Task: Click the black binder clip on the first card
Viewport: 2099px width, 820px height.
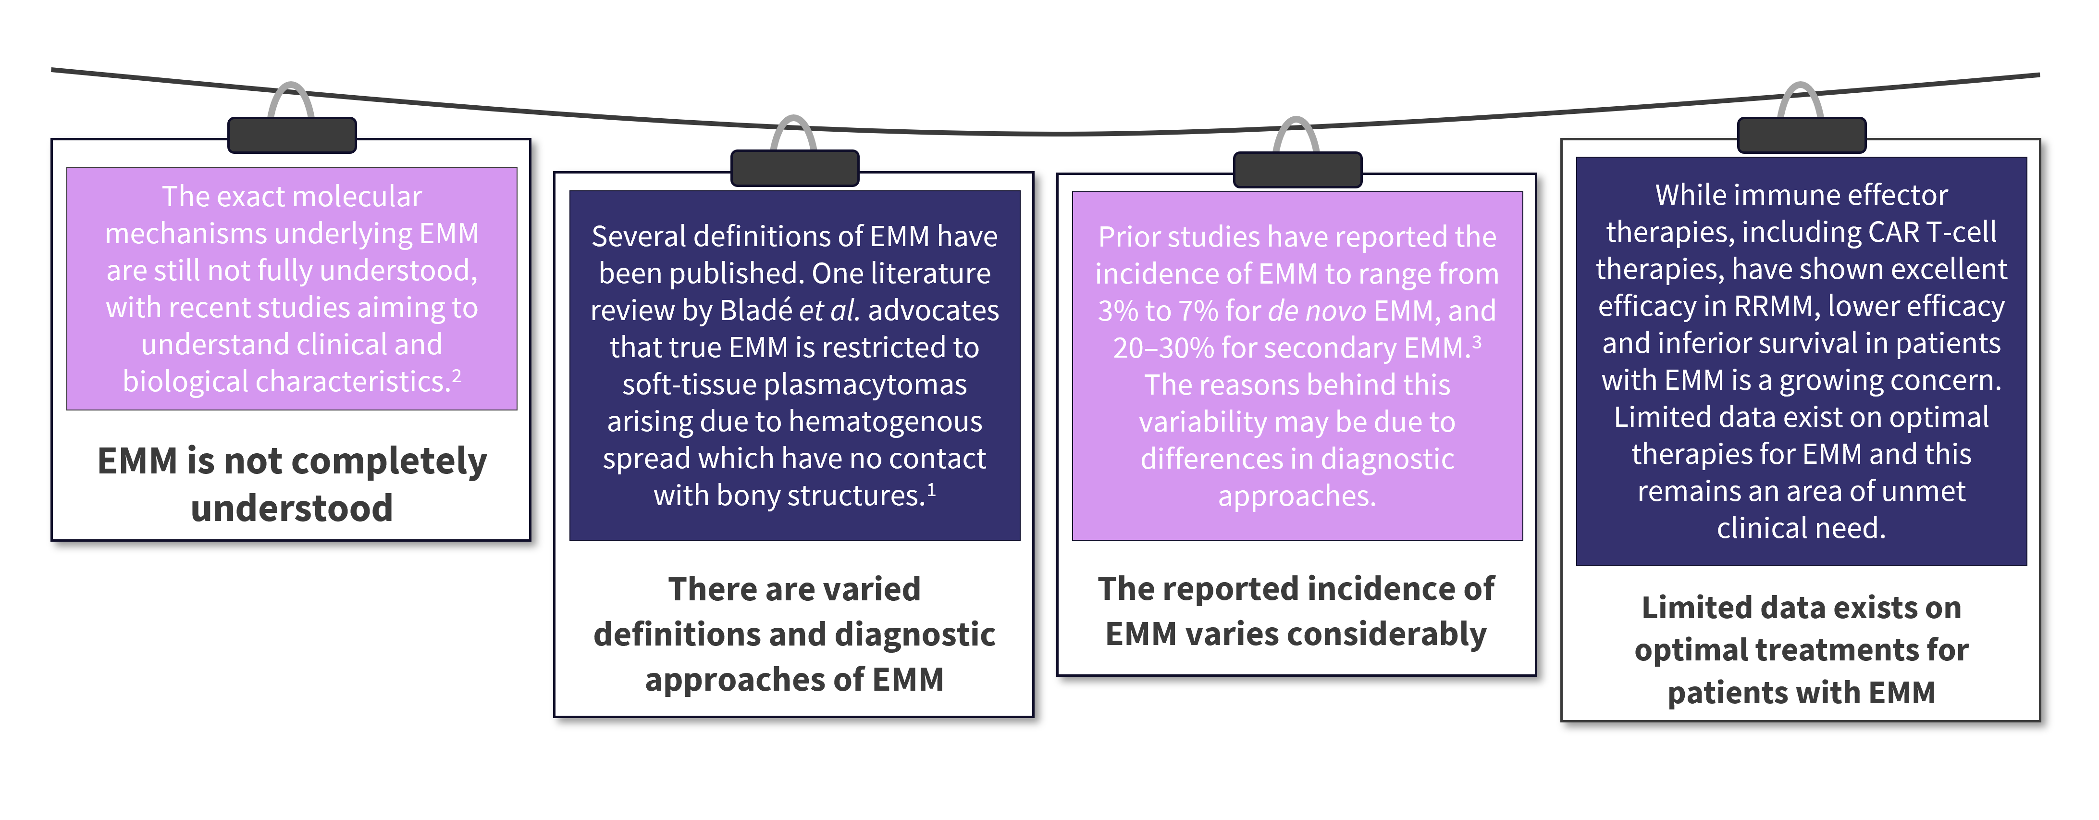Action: [x=292, y=135]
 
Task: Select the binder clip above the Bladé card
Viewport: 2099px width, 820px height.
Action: [x=794, y=168]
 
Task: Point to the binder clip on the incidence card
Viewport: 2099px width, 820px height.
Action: [x=1297, y=170]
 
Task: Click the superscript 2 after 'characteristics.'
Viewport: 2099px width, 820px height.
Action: [x=457, y=376]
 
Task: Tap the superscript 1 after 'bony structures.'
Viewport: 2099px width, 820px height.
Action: [x=931, y=489]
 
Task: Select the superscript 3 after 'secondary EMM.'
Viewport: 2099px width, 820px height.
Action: [x=1477, y=342]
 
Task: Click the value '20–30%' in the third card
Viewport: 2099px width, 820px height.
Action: [x=1163, y=348]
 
